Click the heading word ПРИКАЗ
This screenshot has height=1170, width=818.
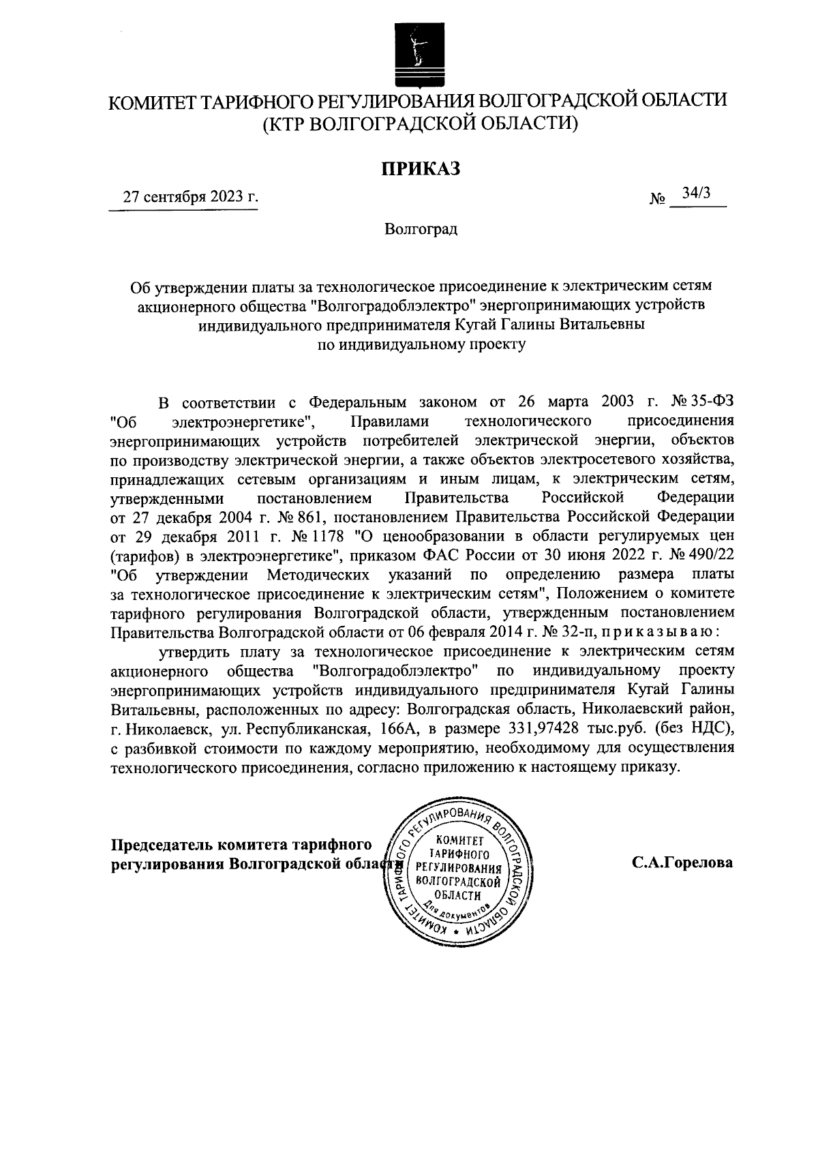[x=421, y=168]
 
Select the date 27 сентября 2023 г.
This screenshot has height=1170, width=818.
[x=190, y=198]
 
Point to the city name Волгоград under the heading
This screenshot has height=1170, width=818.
[x=421, y=228]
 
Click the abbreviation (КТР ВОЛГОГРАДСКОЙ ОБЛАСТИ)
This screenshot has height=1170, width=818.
[x=421, y=123]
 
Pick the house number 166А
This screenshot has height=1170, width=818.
[x=399, y=729]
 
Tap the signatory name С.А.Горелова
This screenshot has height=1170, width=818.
[x=682, y=862]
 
